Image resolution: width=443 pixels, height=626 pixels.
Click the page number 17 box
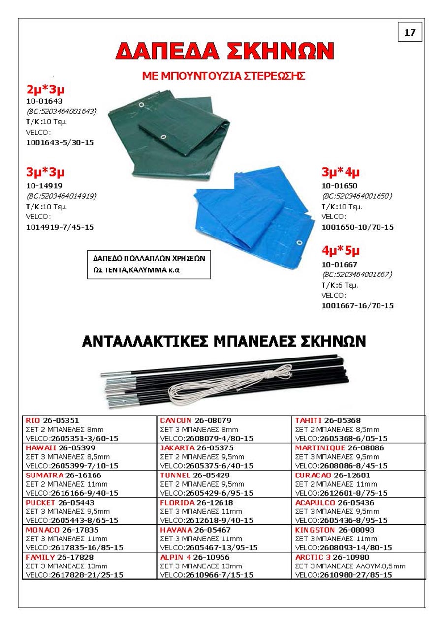point(410,33)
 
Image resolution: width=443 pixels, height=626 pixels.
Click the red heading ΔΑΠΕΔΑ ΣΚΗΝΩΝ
point(225,51)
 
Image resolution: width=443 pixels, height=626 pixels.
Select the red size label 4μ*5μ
point(341,250)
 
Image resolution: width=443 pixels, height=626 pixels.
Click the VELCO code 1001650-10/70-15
point(357,227)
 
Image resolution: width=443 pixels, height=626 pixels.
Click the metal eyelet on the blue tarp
point(299,242)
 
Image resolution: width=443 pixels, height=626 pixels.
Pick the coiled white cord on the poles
point(221,386)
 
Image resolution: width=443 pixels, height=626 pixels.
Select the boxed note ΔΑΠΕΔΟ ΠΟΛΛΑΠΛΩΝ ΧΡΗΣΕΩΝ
point(149,265)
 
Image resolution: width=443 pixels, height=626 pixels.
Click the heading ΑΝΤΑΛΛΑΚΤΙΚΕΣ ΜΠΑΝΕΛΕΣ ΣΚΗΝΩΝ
point(223,341)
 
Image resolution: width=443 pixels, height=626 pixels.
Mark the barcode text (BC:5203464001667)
point(357,275)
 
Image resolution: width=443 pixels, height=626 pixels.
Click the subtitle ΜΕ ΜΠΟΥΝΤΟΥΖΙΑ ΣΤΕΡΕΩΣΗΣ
point(224,76)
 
